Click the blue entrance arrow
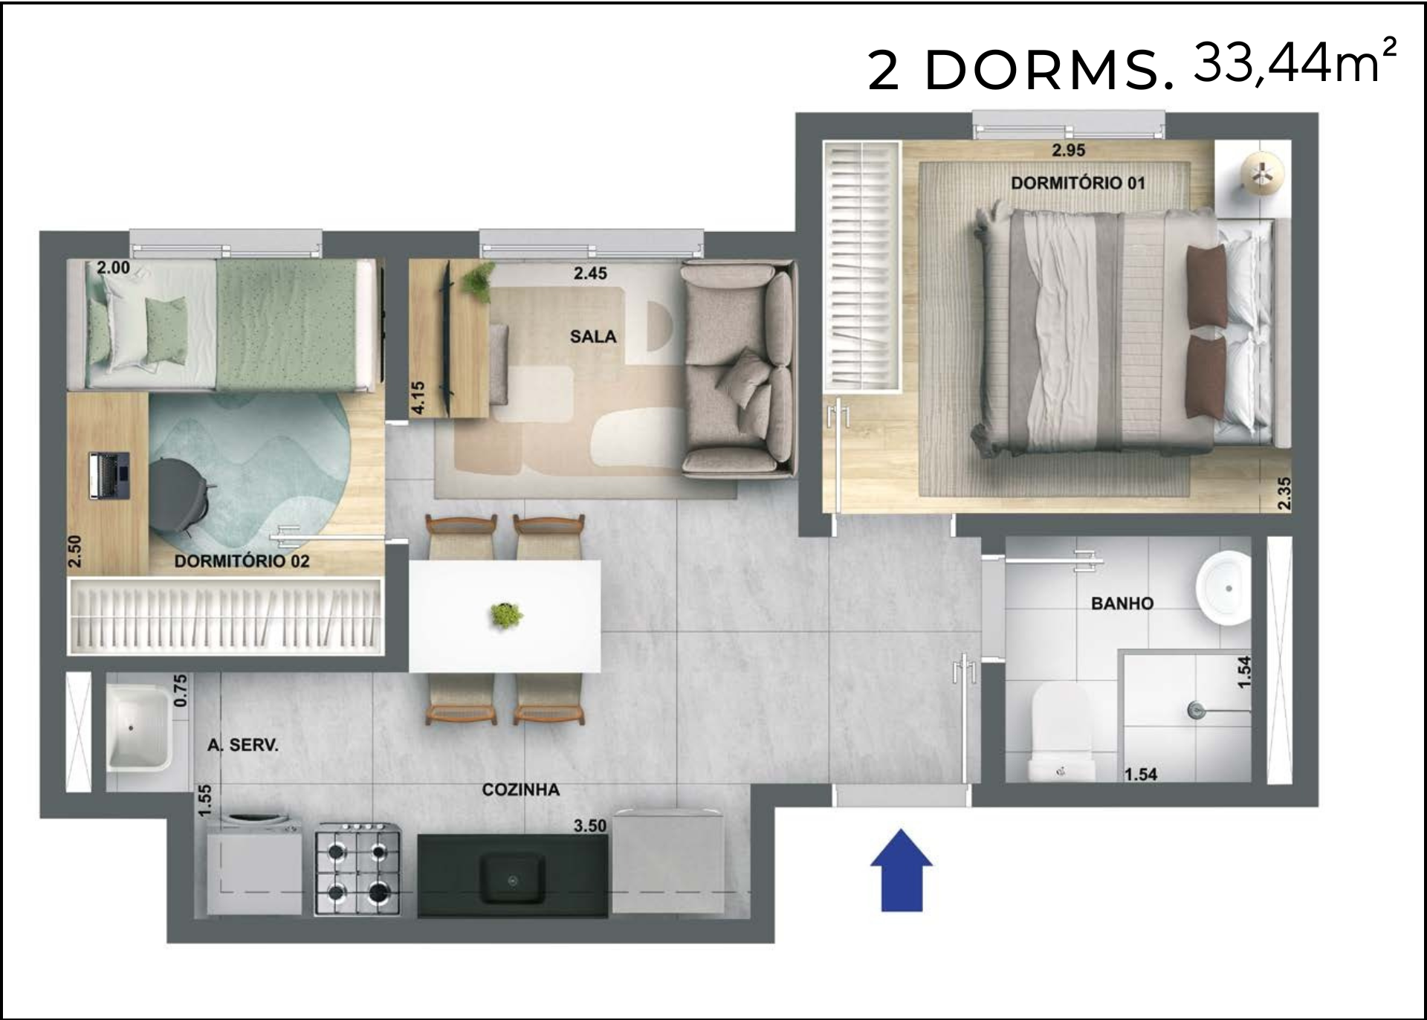tap(902, 870)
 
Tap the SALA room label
tap(593, 337)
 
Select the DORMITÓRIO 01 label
tap(1078, 183)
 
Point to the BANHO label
tap(1122, 604)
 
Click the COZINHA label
tap(521, 790)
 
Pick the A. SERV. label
tap(243, 745)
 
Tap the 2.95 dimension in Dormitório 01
tap(1068, 150)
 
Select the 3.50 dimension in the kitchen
tap(590, 826)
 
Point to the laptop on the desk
tap(110, 476)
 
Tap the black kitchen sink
tap(513, 877)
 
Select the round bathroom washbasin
tap(1223, 589)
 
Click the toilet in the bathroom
tap(1061, 733)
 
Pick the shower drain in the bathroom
tap(1194, 710)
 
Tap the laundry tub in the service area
tap(139, 727)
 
